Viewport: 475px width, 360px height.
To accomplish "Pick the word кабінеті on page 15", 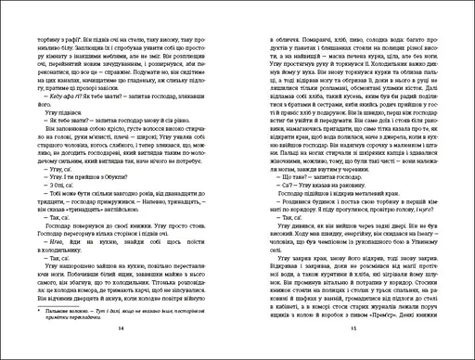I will click(x=409, y=286).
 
